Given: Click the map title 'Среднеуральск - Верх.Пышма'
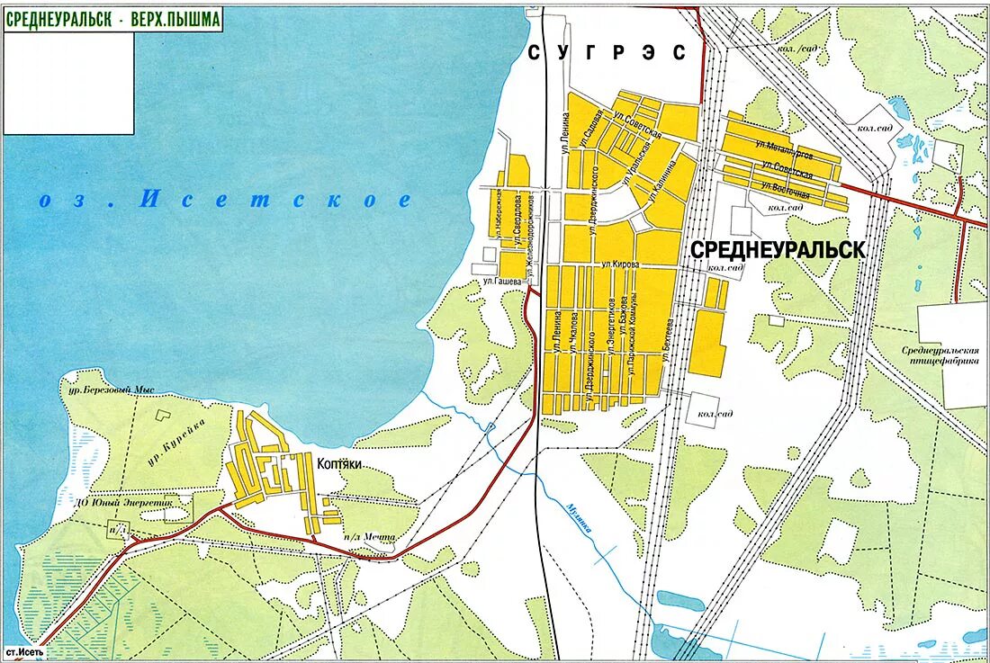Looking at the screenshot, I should (x=113, y=20).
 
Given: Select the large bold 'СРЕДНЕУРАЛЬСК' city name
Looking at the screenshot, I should (x=778, y=250).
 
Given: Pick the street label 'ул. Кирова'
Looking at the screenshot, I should (x=620, y=264).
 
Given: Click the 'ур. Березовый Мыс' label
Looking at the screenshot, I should (x=107, y=390).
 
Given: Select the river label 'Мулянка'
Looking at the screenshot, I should (x=580, y=517).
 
